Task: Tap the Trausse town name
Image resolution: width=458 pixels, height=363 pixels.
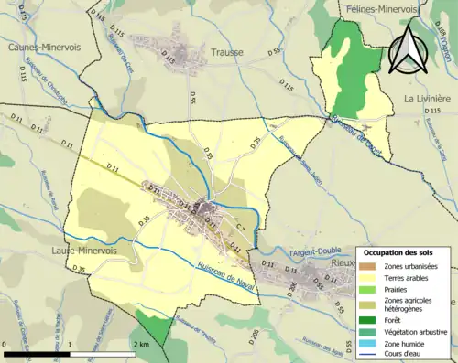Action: click(x=227, y=52)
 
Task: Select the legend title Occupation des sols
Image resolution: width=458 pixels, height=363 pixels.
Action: click(x=403, y=251)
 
